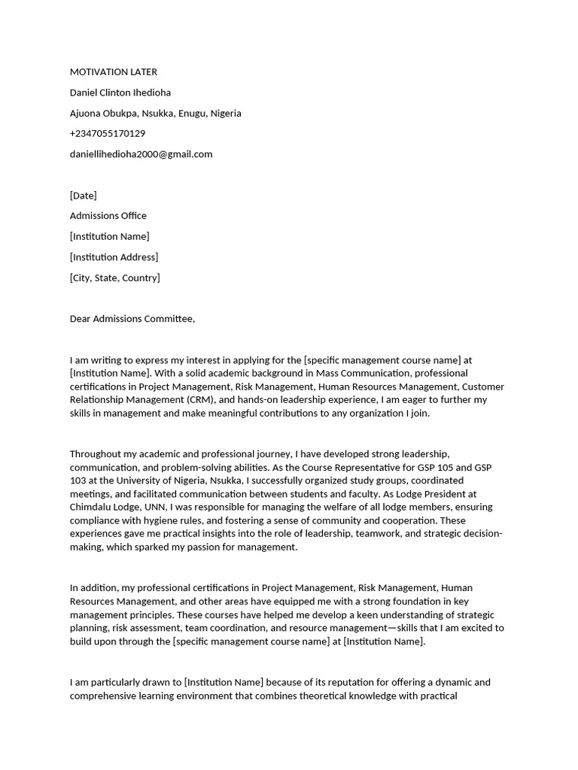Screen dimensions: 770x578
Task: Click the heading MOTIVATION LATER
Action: click(x=114, y=72)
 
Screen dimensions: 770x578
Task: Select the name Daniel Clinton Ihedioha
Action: click(x=120, y=92)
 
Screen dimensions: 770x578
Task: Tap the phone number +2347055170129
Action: click(x=108, y=133)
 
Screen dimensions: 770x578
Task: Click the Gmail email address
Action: click(x=141, y=154)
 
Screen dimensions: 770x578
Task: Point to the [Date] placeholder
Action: click(x=84, y=196)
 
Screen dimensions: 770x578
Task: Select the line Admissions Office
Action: click(x=108, y=216)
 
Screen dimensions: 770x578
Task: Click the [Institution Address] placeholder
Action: click(x=114, y=257)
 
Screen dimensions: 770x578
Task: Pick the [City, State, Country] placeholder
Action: click(x=115, y=277)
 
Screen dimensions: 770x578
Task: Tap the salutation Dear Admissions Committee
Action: click(x=132, y=319)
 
